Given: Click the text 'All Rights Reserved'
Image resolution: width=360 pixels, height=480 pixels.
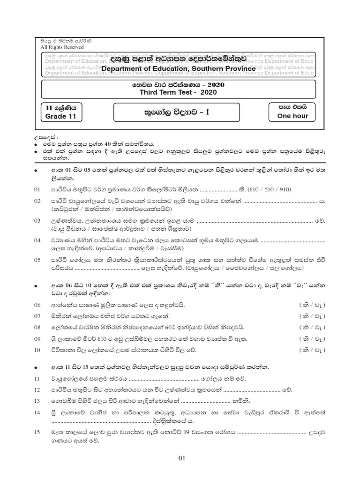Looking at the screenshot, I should (62, 47).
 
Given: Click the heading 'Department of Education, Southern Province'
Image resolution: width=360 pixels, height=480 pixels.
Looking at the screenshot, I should (179, 69).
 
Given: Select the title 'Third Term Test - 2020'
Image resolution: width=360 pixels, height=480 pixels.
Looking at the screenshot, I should (178, 92).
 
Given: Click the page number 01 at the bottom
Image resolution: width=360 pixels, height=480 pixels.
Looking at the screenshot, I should (182, 459).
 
